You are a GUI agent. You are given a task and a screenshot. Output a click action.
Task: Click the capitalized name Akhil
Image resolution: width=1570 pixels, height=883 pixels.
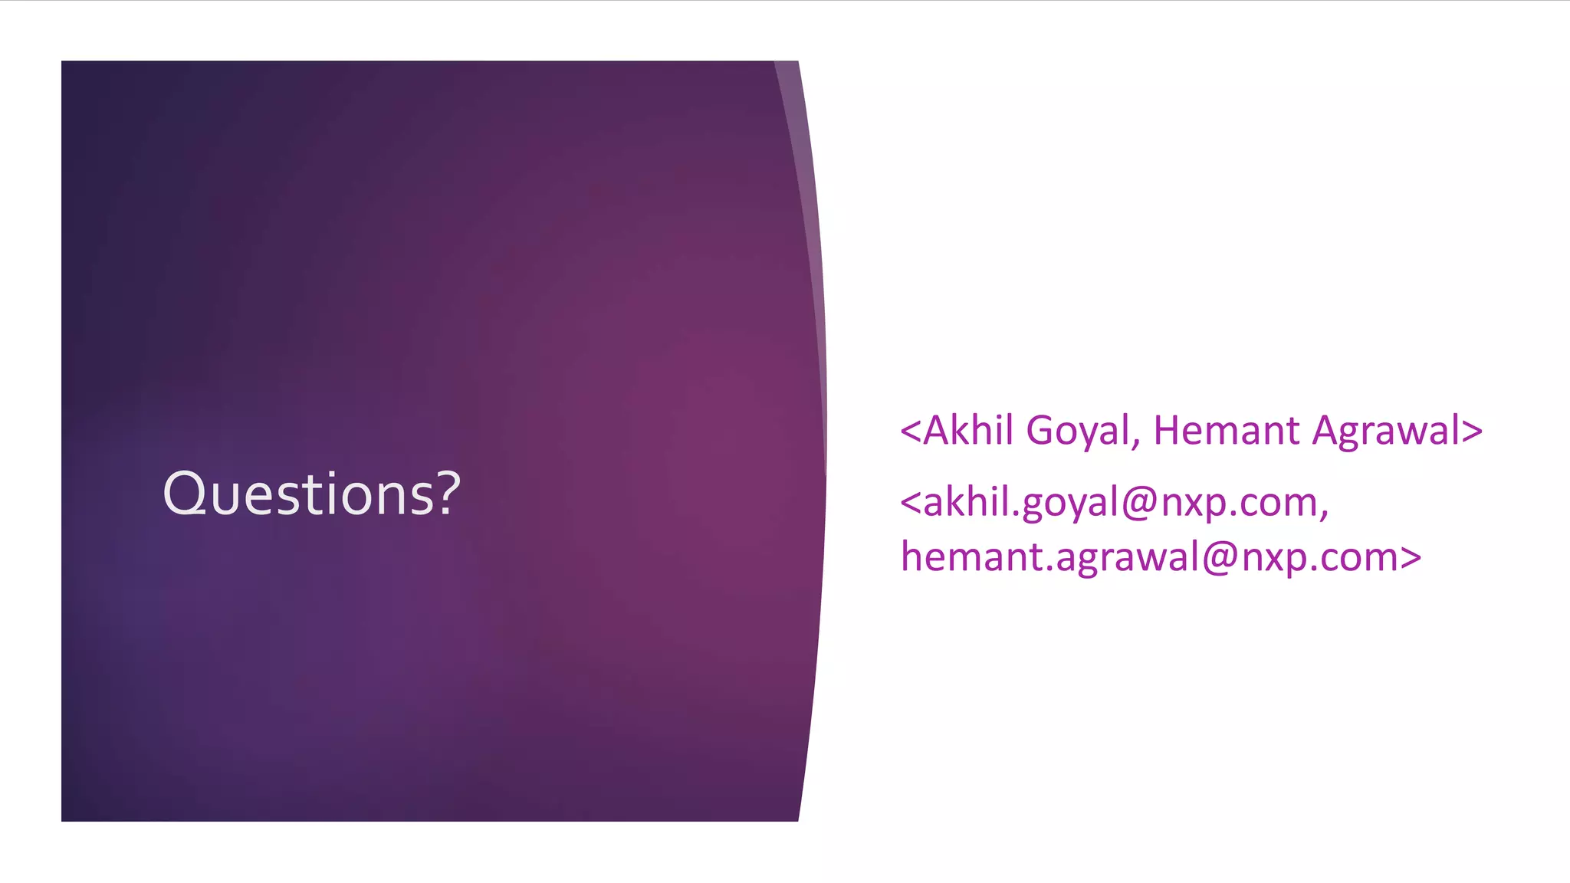(968, 430)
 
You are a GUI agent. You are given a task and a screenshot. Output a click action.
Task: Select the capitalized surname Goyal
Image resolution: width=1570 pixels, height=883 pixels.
(1076, 432)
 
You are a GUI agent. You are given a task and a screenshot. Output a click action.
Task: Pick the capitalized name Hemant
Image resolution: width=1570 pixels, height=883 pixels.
(1225, 430)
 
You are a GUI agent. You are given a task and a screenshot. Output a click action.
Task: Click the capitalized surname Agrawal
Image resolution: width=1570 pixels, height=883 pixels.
(1385, 432)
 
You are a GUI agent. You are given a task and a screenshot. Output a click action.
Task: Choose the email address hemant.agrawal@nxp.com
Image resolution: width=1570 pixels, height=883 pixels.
(1151, 557)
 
